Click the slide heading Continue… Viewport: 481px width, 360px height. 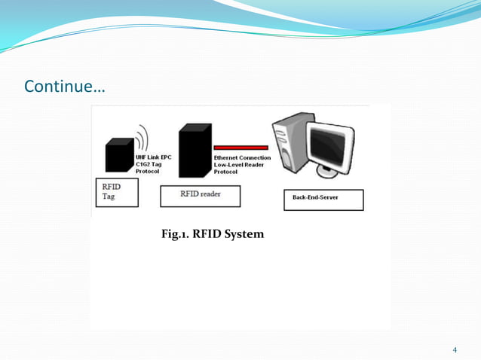pos(65,87)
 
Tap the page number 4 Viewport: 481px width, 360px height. pos(455,349)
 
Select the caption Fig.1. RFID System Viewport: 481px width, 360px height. pos(213,234)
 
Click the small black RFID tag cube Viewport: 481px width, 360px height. pos(119,156)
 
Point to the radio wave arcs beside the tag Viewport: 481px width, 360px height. pos(141,140)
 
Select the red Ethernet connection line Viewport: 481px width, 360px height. pos(240,148)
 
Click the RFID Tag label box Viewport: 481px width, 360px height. pos(116,192)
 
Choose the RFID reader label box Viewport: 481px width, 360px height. pos(200,194)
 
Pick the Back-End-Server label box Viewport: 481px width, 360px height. pos(323,200)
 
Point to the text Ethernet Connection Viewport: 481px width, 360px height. pos(240,158)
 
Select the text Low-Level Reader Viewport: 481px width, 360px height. pos(239,165)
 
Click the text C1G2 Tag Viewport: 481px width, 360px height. pos(149,165)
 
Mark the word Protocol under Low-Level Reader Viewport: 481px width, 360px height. pos(226,172)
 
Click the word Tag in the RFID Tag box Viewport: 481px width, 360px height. pos(109,197)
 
